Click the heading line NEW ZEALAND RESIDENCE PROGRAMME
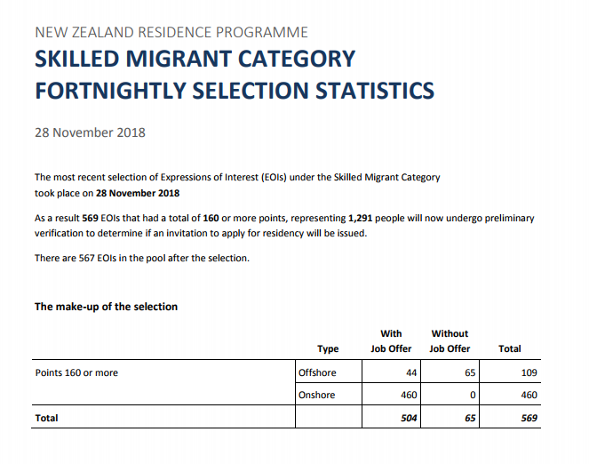pos(171,32)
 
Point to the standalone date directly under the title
pos(90,132)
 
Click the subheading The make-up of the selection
pos(106,307)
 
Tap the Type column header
pos(328,348)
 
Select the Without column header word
pos(450,333)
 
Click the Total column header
pos(510,348)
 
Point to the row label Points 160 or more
pos(76,372)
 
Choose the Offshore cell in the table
pos(317,372)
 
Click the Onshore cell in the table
pos(317,395)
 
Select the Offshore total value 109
pos(529,372)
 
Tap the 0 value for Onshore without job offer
pos(474,395)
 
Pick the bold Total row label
pos(46,417)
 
